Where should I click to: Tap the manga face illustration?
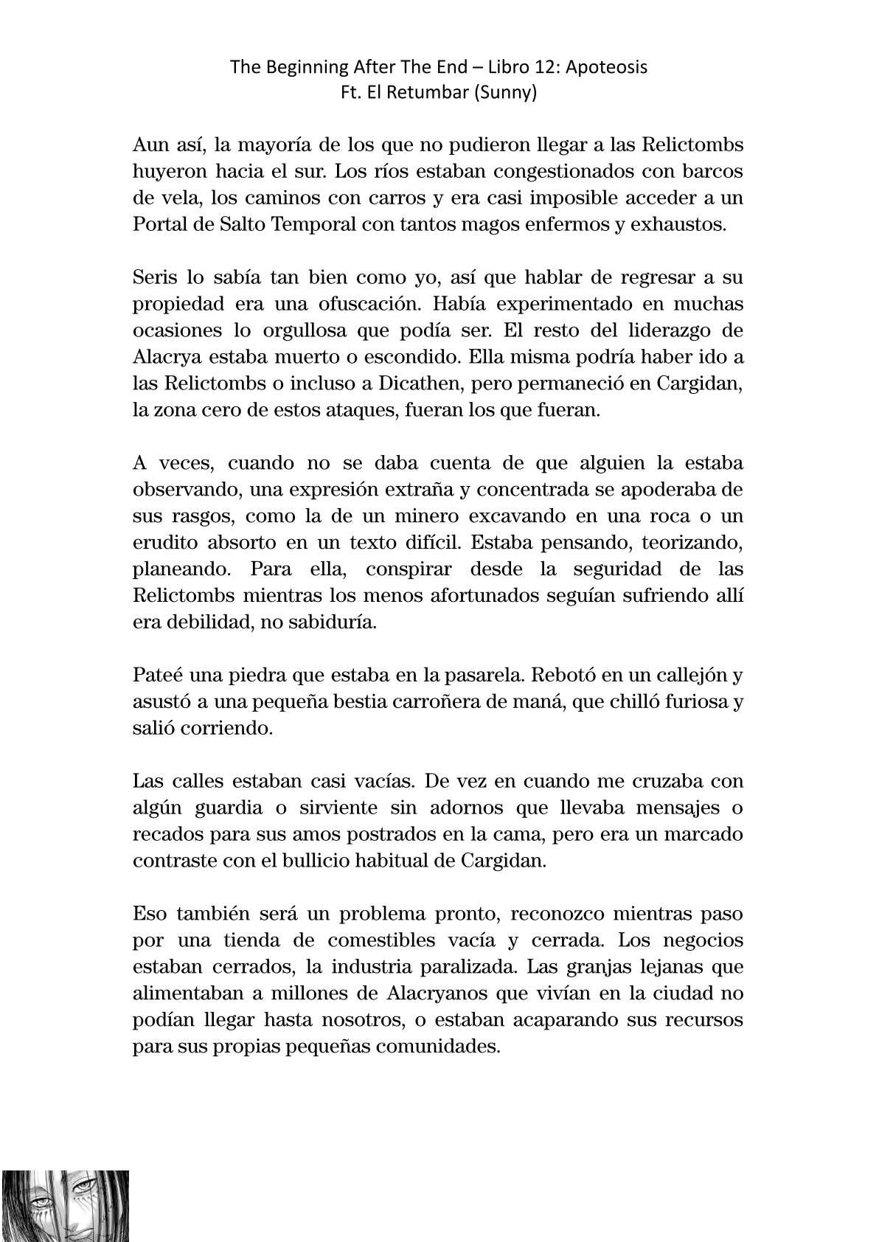click(x=65, y=1204)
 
